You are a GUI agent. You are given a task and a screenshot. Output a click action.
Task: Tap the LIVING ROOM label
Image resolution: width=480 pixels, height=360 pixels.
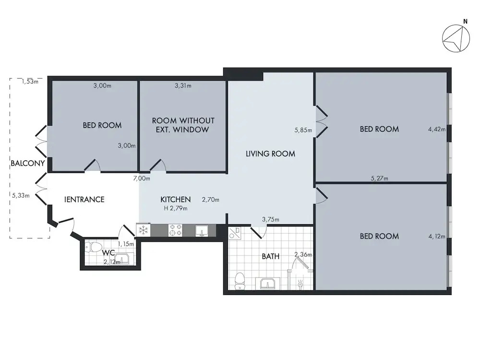[x=270, y=154]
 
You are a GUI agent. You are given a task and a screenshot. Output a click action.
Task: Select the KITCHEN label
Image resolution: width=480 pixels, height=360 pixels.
[x=175, y=200]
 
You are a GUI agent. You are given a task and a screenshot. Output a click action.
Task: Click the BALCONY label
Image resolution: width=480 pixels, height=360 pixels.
[x=28, y=163]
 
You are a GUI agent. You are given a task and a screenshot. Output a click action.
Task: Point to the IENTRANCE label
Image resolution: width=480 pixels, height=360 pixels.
[x=84, y=200]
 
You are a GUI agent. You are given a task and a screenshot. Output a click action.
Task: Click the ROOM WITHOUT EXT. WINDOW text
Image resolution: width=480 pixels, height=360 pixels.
[x=183, y=125]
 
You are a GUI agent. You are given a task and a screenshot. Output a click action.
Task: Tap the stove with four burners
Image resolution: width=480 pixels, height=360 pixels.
[x=175, y=230]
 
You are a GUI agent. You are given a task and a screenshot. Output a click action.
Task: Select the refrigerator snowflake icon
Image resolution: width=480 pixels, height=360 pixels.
[x=143, y=230]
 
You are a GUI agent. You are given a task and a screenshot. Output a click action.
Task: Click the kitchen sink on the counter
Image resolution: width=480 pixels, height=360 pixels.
[x=202, y=230]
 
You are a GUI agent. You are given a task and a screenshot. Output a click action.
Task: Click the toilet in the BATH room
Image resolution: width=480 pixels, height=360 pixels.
[x=240, y=281]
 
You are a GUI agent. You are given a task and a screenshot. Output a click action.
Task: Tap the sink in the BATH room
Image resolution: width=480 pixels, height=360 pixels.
[x=267, y=284]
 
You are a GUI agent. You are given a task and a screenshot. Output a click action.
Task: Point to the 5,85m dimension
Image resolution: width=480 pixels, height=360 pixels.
[x=303, y=130]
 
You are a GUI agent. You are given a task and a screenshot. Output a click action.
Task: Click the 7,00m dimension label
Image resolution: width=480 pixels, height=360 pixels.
[x=142, y=178]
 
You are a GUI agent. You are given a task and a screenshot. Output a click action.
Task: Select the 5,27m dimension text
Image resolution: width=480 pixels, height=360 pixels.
[x=380, y=178]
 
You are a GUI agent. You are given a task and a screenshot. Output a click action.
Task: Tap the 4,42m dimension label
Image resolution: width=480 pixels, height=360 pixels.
[x=436, y=129]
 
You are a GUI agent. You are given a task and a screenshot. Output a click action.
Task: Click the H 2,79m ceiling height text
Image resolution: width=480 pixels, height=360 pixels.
[x=176, y=208]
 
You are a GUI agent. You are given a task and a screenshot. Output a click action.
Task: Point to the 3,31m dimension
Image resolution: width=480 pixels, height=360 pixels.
[x=183, y=86]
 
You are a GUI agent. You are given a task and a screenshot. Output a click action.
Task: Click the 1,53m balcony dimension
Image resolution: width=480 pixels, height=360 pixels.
[x=30, y=82]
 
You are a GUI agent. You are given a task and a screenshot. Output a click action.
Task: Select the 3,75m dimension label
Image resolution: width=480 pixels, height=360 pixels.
[x=271, y=219]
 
